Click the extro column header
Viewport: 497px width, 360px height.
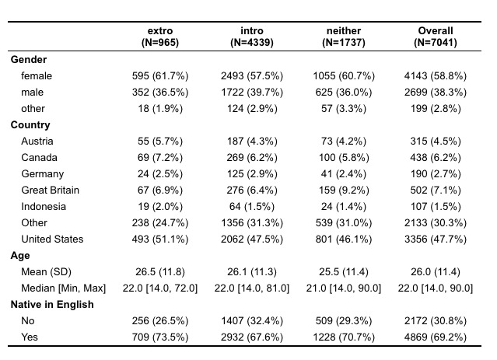point(160,37)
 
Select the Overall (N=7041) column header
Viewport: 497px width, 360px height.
point(436,37)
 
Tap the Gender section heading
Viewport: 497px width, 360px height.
point(29,60)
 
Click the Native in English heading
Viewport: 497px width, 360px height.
point(52,305)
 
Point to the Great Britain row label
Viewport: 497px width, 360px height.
point(50,190)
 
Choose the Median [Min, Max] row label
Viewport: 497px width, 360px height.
point(64,288)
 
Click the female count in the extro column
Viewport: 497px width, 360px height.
point(160,76)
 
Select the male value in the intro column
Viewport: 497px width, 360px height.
point(252,93)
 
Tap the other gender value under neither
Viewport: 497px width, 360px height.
point(344,109)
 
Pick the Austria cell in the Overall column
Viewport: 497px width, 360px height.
point(436,142)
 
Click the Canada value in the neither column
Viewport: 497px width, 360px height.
point(344,158)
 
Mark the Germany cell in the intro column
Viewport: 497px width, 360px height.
point(252,174)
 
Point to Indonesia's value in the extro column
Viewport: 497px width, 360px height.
point(160,207)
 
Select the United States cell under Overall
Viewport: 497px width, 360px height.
point(436,239)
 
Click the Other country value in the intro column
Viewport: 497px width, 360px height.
point(252,223)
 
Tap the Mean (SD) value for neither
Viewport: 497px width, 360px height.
point(344,272)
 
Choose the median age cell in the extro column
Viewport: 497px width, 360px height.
point(160,288)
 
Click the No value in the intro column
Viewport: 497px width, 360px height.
point(252,321)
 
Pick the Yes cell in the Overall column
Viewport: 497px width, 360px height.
point(436,337)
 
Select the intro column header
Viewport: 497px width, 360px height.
point(252,37)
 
